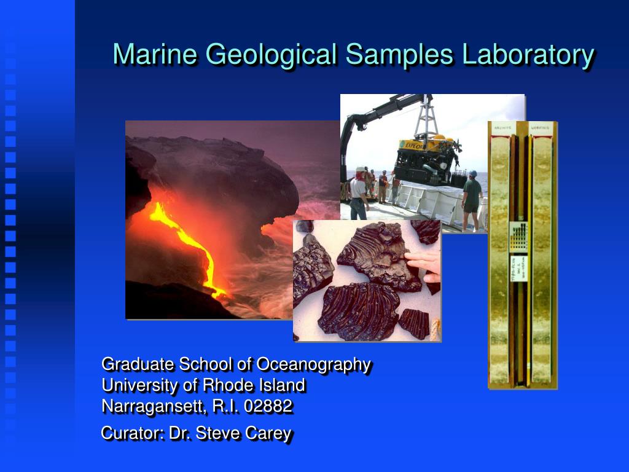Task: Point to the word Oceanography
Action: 313,364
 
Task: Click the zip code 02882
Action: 268,406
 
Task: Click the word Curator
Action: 132,433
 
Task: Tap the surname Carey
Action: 268,433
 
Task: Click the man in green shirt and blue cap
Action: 472,197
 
